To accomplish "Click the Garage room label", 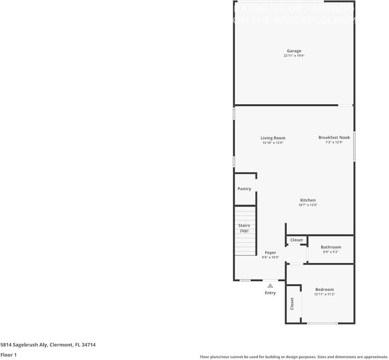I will click(x=294, y=51).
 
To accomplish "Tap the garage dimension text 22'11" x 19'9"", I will click(x=294, y=56).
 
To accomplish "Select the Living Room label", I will click(x=273, y=138).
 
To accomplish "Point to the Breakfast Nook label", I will click(x=334, y=138).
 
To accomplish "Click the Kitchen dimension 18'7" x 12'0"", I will click(x=308, y=205).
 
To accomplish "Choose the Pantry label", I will click(x=244, y=189).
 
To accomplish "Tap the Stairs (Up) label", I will click(x=244, y=228).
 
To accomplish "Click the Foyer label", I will click(x=270, y=253).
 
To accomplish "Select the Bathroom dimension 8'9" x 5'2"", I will click(x=331, y=252).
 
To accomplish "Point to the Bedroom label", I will click(x=325, y=290).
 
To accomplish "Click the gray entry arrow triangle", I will click(x=270, y=286).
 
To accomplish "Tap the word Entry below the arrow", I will click(x=270, y=293).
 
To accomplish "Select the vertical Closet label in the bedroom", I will click(x=292, y=304).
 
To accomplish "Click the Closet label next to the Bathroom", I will click(x=297, y=240).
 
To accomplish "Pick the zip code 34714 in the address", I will click(x=89, y=345).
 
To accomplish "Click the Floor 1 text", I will click(x=9, y=355).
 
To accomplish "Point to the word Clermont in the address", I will click(x=61, y=345).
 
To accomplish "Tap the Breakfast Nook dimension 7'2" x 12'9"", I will click(x=334, y=143).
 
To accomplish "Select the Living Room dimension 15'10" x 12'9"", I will click(x=273, y=143).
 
